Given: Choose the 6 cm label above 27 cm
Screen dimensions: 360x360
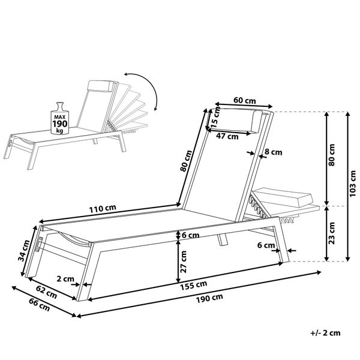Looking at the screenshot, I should [191, 235].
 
